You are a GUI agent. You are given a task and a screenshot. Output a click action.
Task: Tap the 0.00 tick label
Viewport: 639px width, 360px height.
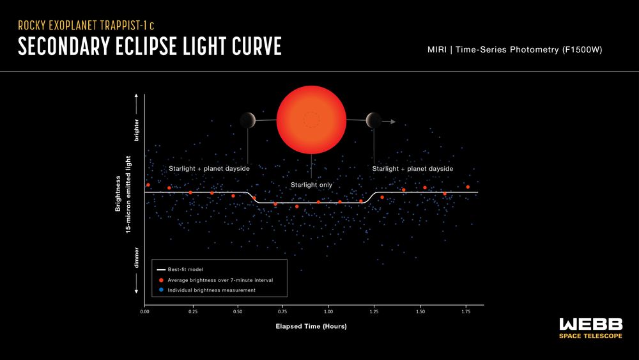coord(145,311)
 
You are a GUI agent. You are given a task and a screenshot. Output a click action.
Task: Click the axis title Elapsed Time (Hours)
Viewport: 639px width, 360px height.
coord(311,326)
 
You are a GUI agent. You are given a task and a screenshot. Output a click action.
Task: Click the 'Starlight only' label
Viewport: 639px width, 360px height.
coord(311,185)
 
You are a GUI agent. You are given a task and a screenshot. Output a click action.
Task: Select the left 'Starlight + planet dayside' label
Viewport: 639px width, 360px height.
coord(209,169)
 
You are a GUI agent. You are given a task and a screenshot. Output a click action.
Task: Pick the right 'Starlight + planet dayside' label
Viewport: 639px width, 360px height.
coord(412,169)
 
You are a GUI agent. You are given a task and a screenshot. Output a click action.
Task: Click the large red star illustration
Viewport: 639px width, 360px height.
coord(311,120)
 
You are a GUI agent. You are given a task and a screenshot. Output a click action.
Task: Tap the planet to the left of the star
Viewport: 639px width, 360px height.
coord(248,120)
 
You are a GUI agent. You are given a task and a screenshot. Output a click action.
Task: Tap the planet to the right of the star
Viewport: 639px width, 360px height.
coord(373,120)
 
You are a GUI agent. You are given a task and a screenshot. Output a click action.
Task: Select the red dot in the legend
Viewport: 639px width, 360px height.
coord(162,280)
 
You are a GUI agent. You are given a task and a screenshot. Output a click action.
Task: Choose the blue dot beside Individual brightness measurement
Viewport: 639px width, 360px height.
coord(162,290)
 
